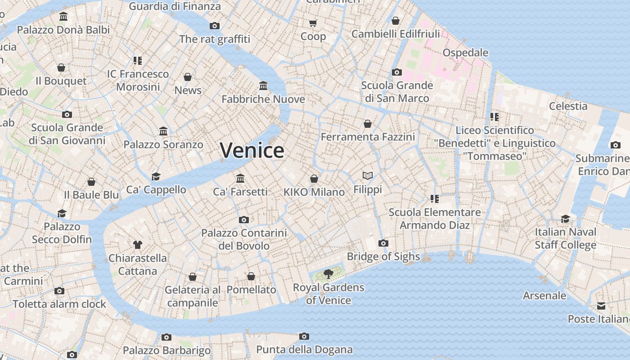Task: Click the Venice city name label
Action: tap(252, 150)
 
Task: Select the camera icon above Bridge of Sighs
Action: tap(383, 243)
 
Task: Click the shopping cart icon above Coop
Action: tap(313, 23)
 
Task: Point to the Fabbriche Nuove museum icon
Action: tap(263, 85)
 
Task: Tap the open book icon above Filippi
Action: tap(368, 175)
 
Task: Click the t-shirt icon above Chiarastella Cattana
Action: tap(138, 245)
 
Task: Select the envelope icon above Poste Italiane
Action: tap(601, 306)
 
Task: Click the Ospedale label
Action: tap(465, 53)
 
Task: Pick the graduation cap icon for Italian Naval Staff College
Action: tap(565, 219)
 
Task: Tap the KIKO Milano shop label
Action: tap(314, 192)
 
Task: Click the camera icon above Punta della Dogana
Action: tap(304, 336)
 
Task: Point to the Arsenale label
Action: tap(544, 296)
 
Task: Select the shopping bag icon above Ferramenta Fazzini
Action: tap(368, 123)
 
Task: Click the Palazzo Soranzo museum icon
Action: tap(163, 131)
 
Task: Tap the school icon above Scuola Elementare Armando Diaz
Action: tap(435, 198)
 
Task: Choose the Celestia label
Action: tap(568, 106)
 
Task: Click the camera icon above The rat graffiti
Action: tap(215, 26)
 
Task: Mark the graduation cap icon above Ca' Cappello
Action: tap(156, 176)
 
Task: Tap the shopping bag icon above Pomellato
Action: tap(251, 276)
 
